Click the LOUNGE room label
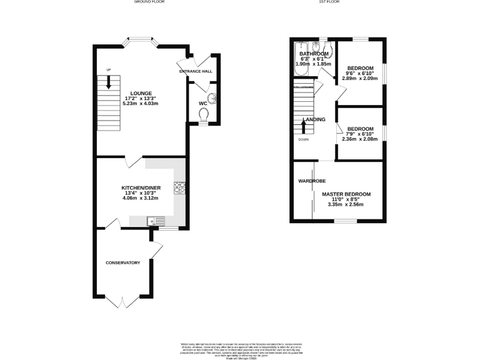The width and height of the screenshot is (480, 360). pyautogui.click(x=139, y=93)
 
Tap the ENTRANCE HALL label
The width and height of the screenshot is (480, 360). pyautogui.click(x=196, y=72)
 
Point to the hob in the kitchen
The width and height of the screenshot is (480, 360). pyautogui.click(x=179, y=186)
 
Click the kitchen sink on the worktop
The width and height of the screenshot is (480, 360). pyautogui.click(x=155, y=220)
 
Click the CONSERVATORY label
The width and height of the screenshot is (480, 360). pyautogui.click(x=122, y=262)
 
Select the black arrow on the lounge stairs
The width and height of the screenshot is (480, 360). pyautogui.click(x=109, y=82)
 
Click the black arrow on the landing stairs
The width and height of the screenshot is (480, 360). pyautogui.click(x=304, y=126)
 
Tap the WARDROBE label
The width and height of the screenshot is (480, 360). pyautogui.click(x=311, y=181)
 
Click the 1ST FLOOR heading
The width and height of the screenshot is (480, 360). pyautogui.click(x=328, y=2)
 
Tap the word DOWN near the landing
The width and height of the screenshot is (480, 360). pyautogui.click(x=304, y=139)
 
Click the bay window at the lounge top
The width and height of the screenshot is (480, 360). pyautogui.click(x=140, y=42)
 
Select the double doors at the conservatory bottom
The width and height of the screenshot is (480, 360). pyautogui.click(x=122, y=301)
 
